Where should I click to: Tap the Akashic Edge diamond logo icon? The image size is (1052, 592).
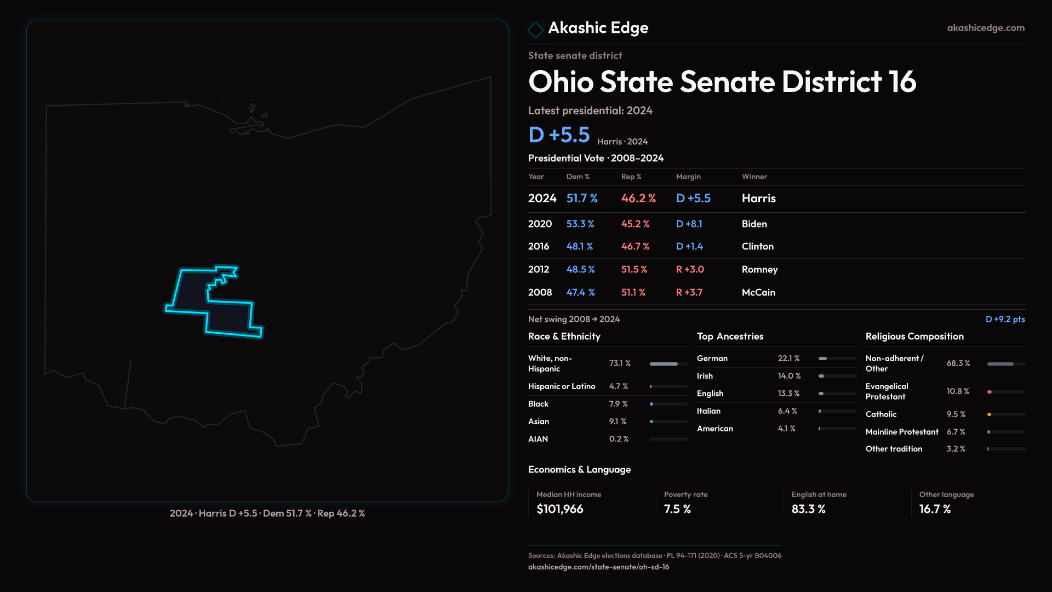(535, 29)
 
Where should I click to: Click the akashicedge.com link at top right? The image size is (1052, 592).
(985, 28)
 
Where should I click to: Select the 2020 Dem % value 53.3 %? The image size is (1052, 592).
(580, 224)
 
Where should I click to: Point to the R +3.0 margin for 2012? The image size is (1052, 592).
(689, 270)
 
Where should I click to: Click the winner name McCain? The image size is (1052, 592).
(758, 293)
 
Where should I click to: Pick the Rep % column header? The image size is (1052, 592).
(631, 177)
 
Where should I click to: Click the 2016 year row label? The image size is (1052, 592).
(538, 247)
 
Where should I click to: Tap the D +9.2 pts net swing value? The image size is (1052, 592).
(1005, 319)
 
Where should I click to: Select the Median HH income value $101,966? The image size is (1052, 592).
(559, 509)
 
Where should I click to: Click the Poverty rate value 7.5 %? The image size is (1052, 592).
(677, 509)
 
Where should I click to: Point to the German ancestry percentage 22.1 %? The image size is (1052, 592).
(788, 358)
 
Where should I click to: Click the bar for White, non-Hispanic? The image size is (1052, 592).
(668, 364)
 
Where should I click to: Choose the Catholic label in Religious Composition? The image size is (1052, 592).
(881, 414)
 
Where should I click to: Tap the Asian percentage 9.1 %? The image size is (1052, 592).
(618, 422)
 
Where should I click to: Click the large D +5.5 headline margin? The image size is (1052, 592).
(559, 135)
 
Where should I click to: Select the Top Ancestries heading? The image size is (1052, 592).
(730, 337)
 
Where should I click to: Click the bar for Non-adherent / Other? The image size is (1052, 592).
(1005, 364)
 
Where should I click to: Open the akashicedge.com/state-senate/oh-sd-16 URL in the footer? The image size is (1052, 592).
(598, 567)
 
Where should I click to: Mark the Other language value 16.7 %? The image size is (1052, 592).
(935, 509)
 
